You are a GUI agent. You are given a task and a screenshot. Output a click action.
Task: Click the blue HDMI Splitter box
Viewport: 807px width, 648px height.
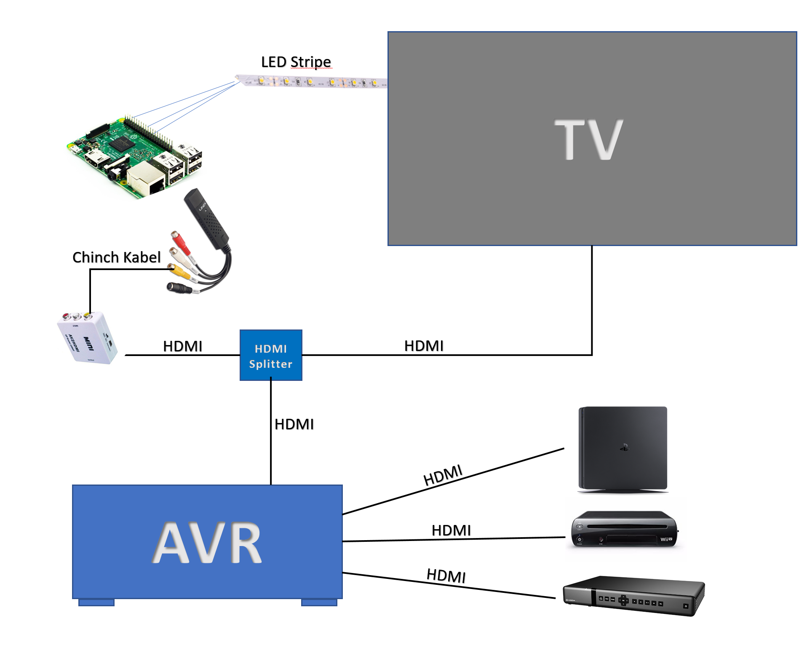[x=271, y=355]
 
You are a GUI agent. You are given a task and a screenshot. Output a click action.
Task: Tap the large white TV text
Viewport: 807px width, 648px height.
[x=588, y=139]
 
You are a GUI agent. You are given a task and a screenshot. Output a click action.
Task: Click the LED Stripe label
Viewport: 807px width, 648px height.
[x=296, y=62]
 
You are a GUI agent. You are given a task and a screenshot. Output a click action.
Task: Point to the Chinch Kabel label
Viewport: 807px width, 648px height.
[x=116, y=257]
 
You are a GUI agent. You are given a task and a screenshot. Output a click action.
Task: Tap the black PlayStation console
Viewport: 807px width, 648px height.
[x=623, y=449]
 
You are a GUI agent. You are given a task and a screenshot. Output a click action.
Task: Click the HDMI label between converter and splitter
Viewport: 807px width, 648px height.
[x=182, y=346]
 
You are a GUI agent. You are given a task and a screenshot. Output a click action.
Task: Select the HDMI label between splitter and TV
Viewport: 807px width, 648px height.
[x=424, y=346]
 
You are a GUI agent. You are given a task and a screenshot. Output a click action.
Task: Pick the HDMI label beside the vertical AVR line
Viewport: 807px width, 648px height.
[x=294, y=424]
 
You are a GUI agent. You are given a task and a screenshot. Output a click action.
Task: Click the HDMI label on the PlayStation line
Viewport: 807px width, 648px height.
[x=443, y=475]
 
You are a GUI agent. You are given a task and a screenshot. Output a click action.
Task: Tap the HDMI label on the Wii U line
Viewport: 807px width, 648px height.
[x=451, y=530]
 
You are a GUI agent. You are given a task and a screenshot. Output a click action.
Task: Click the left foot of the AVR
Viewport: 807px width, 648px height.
[x=96, y=602]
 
